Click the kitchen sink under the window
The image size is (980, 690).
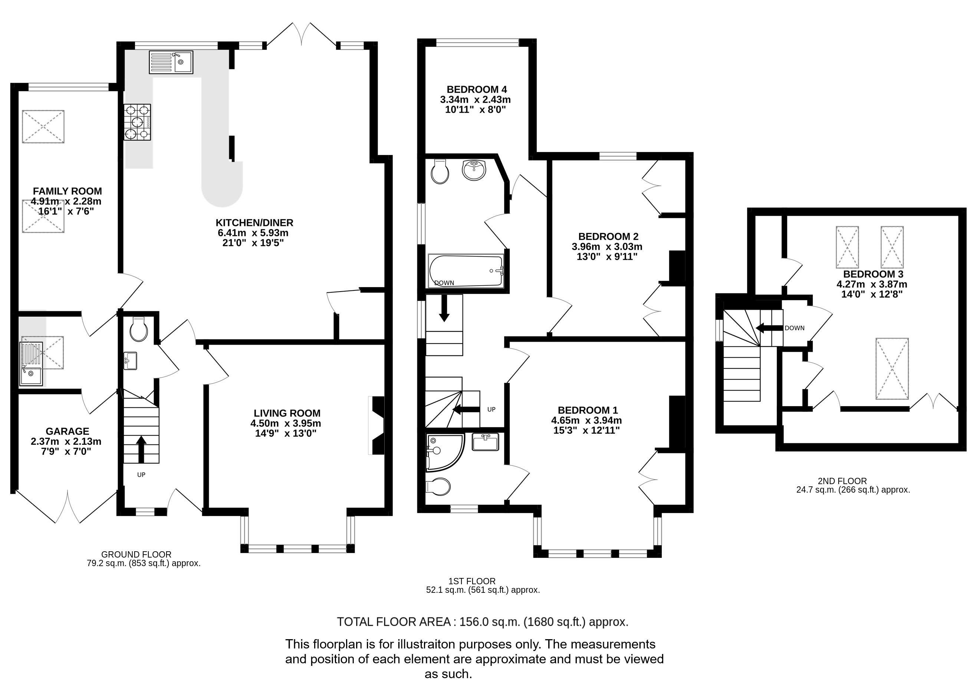[x=171, y=62]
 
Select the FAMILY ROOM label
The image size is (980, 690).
[x=68, y=191]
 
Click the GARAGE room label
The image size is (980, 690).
[x=68, y=431]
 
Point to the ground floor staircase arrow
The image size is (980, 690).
[x=141, y=449]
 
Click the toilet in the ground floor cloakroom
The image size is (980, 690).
[x=139, y=329]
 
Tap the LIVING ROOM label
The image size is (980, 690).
[x=287, y=413]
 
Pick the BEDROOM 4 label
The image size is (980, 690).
[x=477, y=90]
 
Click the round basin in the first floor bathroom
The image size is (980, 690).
[x=474, y=170]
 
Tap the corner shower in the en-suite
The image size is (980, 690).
[x=444, y=453]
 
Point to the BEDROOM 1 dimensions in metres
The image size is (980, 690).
[x=586, y=421]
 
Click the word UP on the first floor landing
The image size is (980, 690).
[x=491, y=410]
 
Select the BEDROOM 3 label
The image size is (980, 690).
[x=873, y=274]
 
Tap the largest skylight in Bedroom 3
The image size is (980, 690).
[x=892, y=369]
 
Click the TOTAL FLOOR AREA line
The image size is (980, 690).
[x=483, y=622]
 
